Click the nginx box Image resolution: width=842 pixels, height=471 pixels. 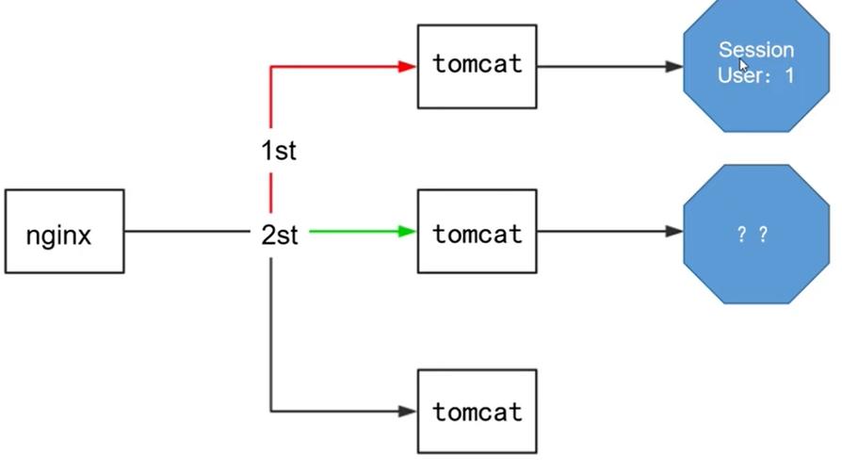tap(64, 232)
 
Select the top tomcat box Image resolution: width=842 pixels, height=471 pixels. tap(477, 66)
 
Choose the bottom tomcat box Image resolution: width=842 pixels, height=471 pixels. tap(477, 411)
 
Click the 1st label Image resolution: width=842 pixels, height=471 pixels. tap(278, 150)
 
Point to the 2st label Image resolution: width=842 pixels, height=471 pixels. tap(279, 234)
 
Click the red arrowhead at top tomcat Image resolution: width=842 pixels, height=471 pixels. tap(407, 66)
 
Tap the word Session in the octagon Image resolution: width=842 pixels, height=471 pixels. tap(755, 49)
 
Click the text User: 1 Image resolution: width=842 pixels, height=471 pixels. tap(755, 75)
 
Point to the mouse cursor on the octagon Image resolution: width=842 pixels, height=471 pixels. tap(743, 65)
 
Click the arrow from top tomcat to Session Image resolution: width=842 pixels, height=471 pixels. tap(607, 66)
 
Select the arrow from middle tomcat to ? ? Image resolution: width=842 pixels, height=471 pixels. tap(607, 231)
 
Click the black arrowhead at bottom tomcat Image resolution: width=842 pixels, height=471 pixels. tap(407, 411)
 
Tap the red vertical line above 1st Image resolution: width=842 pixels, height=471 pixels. tap(271, 99)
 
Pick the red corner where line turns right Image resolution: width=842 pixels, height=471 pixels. tap(271, 67)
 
